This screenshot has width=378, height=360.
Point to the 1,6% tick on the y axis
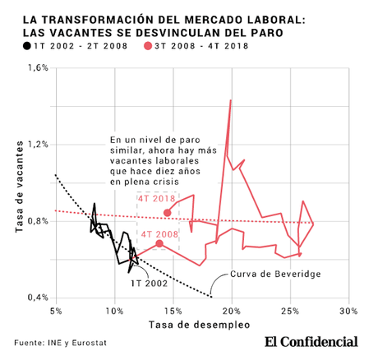[37, 68]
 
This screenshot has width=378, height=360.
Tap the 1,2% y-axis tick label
[37, 145]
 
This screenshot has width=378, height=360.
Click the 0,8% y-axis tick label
[37, 221]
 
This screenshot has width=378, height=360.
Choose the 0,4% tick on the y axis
[37, 298]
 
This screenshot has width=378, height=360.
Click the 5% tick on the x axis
[56, 312]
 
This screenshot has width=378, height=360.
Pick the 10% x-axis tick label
[114, 312]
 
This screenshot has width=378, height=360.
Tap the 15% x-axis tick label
[173, 312]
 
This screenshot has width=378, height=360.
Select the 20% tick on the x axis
[231, 312]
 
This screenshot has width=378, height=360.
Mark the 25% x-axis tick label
[289, 312]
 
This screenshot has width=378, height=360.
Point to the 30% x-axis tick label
[348, 312]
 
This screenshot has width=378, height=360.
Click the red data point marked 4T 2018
[168, 213]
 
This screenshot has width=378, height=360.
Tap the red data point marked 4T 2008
[159, 244]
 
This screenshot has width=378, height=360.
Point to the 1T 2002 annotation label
[150, 283]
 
